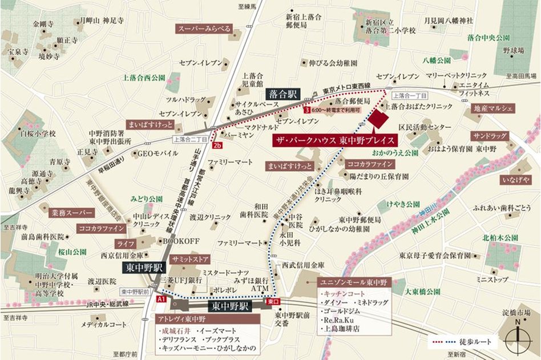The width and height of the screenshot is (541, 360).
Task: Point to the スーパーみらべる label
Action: point(205,29)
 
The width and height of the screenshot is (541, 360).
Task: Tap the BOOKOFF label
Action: point(181,241)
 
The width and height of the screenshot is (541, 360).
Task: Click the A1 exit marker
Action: point(161,299)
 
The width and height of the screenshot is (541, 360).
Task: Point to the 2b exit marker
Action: point(217,145)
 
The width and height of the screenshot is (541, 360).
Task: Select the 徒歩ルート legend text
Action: point(485,342)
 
